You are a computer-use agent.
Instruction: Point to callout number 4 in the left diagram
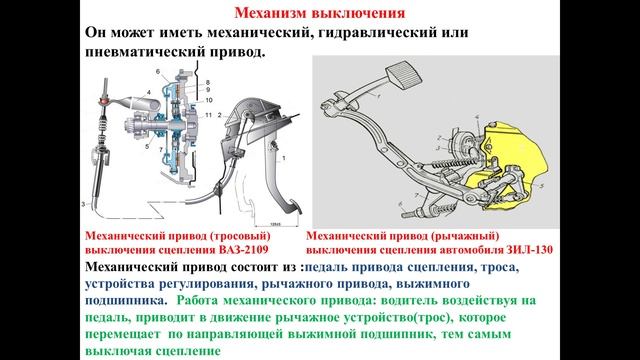148,92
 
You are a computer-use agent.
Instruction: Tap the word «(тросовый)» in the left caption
222,235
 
